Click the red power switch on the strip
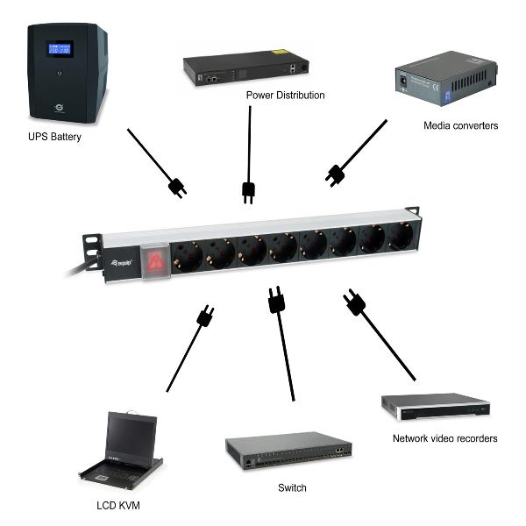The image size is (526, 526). (x=156, y=260)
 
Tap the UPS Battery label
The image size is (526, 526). (x=53, y=136)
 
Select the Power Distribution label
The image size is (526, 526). (x=285, y=95)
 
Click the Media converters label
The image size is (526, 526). (x=461, y=125)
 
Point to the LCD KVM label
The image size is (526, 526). (x=117, y=506)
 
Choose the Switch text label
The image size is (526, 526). (x=291, y=487)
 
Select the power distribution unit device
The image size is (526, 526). (x=246, y=67)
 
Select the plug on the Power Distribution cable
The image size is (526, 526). (x=248, y=190)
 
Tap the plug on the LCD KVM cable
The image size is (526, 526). (x=206, y=316)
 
